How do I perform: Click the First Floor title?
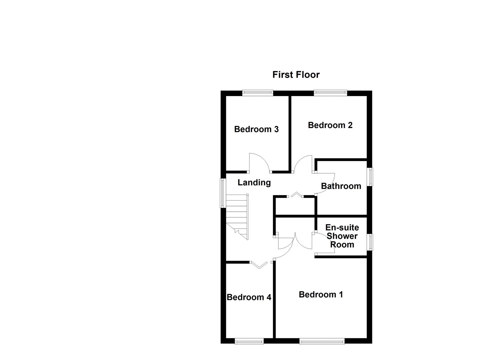(x=296, y=75)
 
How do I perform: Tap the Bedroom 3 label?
(x=256, y=129)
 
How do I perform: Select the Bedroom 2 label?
(x=330, y=125)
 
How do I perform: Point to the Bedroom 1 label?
(x=321, y=295)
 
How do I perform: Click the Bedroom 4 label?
(x=249, y=297)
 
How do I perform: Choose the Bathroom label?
(x=341, y=186)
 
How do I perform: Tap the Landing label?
(x=254, y=183)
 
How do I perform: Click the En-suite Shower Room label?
(x=342, y=236)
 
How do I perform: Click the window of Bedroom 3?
(x=258, y=93)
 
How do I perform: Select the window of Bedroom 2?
(x=330, y=93)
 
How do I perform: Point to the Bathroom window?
(x=370, y=177)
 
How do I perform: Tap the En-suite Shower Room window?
(x=370, y=242)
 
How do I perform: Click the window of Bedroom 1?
(x=322, y=341)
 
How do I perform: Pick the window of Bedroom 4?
(x=249, y=341)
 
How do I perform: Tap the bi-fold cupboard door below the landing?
(x=296, y=195)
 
